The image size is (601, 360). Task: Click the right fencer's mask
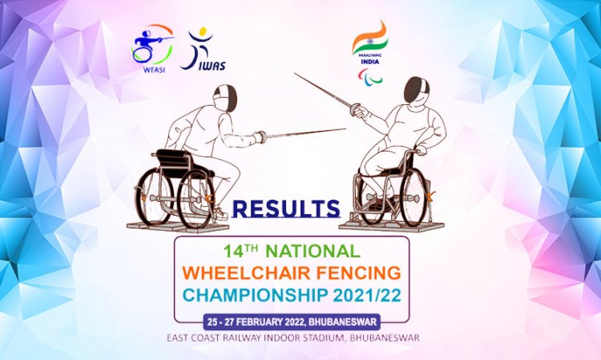417,90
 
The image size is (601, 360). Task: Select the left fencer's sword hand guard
259,137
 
